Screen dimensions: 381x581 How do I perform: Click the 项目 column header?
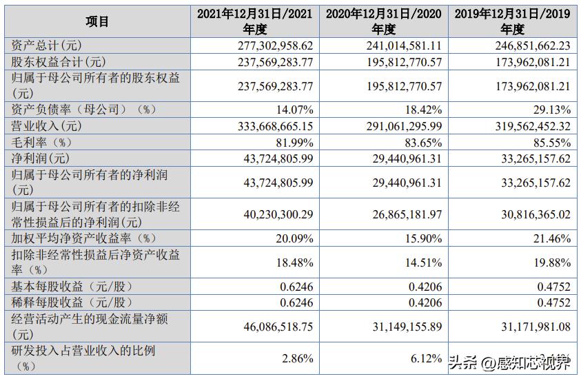tap(97, 21)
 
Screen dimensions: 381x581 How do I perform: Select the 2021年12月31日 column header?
tap(254, 21)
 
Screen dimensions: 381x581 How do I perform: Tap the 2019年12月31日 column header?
tap(511, 21)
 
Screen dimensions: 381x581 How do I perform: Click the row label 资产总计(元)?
tap(48, 45)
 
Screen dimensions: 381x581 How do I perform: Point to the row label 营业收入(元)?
tap(48, 126)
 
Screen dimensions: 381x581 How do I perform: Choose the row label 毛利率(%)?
tap(42, 142)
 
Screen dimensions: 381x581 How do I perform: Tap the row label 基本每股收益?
tap(72, 286)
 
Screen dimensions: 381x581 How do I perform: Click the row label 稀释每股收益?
tap(72, 302)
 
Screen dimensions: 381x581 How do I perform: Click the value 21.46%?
tap(549, 238)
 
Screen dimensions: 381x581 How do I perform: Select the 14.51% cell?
tap(420, 262)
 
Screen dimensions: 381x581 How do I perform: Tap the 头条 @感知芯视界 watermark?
tap(509, 362)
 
